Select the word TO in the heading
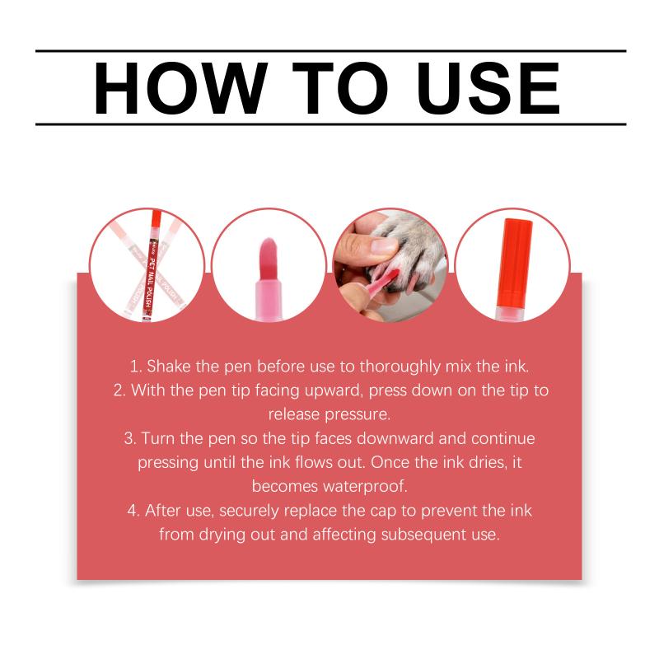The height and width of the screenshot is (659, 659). pyautogui.click(x=340, y=88)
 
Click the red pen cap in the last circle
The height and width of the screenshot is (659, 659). pyautogui.click(x=514, y=263)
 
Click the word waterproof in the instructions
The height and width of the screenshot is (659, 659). pyautogui.click(x=365, y=487)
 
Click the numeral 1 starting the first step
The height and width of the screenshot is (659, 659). pyautogui.click(x=134, y=367)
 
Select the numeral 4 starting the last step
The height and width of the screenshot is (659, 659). pyautogui.click(x=133, y=511)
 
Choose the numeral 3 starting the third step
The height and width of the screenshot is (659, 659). pyautogui.click(x=129, y=438)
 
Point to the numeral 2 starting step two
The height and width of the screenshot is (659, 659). pyautogui.click(x=119, y=390)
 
